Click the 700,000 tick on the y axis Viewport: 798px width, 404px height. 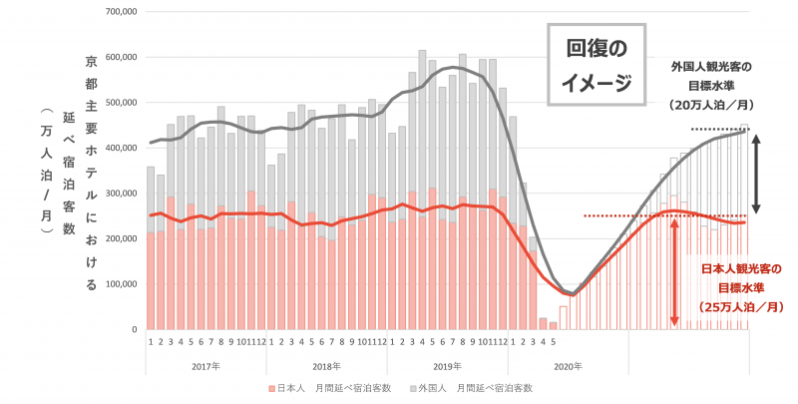pos(120,11)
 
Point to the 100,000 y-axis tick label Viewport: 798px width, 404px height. pos(120,284)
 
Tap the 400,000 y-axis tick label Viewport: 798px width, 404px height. pos(120,148)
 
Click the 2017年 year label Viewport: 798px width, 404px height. pos(204,365)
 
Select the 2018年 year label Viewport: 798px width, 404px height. pos(325,365)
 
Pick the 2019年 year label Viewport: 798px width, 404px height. pos(446,365)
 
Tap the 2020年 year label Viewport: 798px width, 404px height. pos(567,365)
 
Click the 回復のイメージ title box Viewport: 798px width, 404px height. pos(598,65)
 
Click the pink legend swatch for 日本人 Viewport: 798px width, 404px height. pos(270,387)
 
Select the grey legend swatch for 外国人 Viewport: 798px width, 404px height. pos(411,387)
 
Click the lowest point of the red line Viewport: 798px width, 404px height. pos(572,295)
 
